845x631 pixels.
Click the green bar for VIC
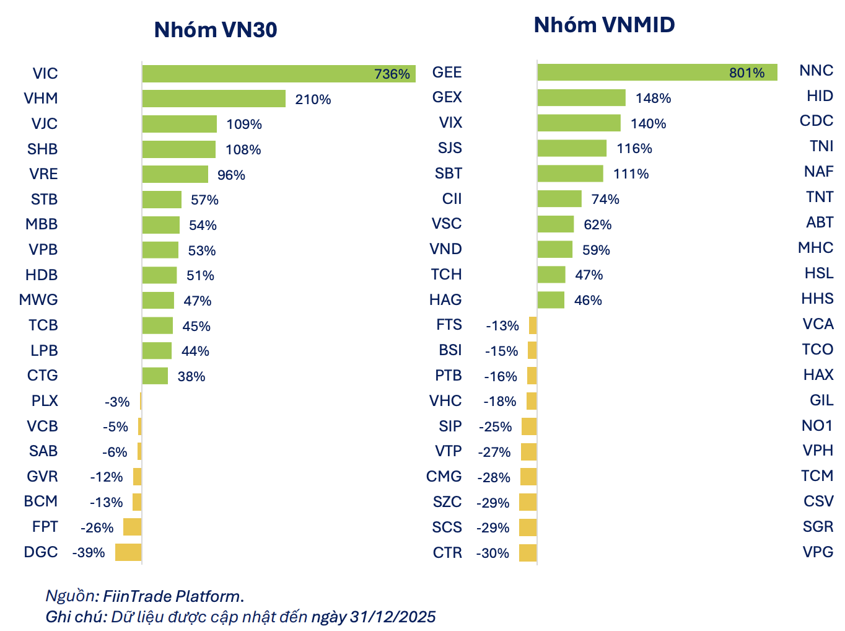click(x=278, y=74)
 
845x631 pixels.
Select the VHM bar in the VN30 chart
click(x=214, y=99)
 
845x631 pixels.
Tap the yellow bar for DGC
click(x=128, y=552)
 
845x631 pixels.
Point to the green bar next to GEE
click(x=657, y=73)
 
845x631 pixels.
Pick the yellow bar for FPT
click(x=132, y=527)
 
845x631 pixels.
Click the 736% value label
click(x=392, y=74)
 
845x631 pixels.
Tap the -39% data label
click(x=88, y=552)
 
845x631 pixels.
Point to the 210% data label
click(x=313, y=99)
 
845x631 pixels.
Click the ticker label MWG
click(x=38, y=299)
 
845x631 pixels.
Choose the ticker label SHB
click(x=42, y=149)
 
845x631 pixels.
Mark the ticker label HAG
click(x=445, y=299)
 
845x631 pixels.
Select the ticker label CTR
click(x=447, y=552)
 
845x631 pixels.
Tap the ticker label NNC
click(x=816, y=71)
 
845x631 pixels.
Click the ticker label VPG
click(x=817, y=552)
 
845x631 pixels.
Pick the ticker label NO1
click(x=817, y=425)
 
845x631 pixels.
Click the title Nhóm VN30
click(x=215, y=30)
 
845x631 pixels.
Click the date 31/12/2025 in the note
click(x=392, y=617)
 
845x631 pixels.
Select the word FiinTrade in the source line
click(x=137, y=596)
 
